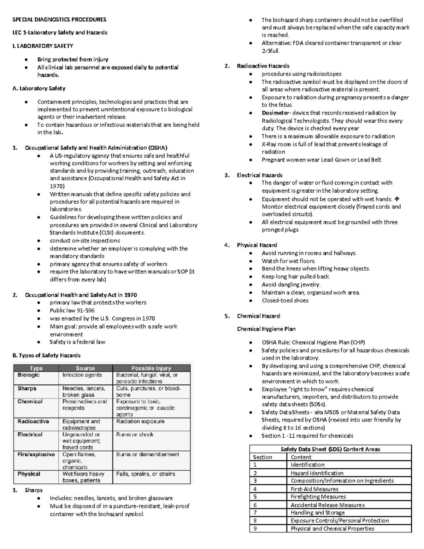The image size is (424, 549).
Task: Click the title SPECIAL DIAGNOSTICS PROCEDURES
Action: point(59,19)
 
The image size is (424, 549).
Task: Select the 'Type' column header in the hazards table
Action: point(36,368)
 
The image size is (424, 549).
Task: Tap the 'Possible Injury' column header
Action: point(151,368)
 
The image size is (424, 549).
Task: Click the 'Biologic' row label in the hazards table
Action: point(29,375)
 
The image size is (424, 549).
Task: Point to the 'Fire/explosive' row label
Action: point(36,454)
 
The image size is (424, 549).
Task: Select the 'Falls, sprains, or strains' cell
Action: point(146,474)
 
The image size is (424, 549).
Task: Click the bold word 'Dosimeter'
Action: point(275,113)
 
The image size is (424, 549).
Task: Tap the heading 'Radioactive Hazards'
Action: point(263,66)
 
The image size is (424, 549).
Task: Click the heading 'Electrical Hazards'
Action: point(259,175)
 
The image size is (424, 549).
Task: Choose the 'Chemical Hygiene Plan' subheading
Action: point(266,329)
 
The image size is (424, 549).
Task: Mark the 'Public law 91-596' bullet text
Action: point(72,310)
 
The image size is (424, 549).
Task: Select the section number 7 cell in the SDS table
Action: point(255,513)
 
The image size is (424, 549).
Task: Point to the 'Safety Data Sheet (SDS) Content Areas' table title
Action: point(330,449)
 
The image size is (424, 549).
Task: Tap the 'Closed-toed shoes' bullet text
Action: point(285,300)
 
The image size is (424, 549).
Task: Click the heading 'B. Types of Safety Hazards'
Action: point(46,355)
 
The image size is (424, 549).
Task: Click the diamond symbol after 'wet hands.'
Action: point(397,199)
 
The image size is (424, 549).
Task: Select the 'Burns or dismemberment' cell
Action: point(147,454)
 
